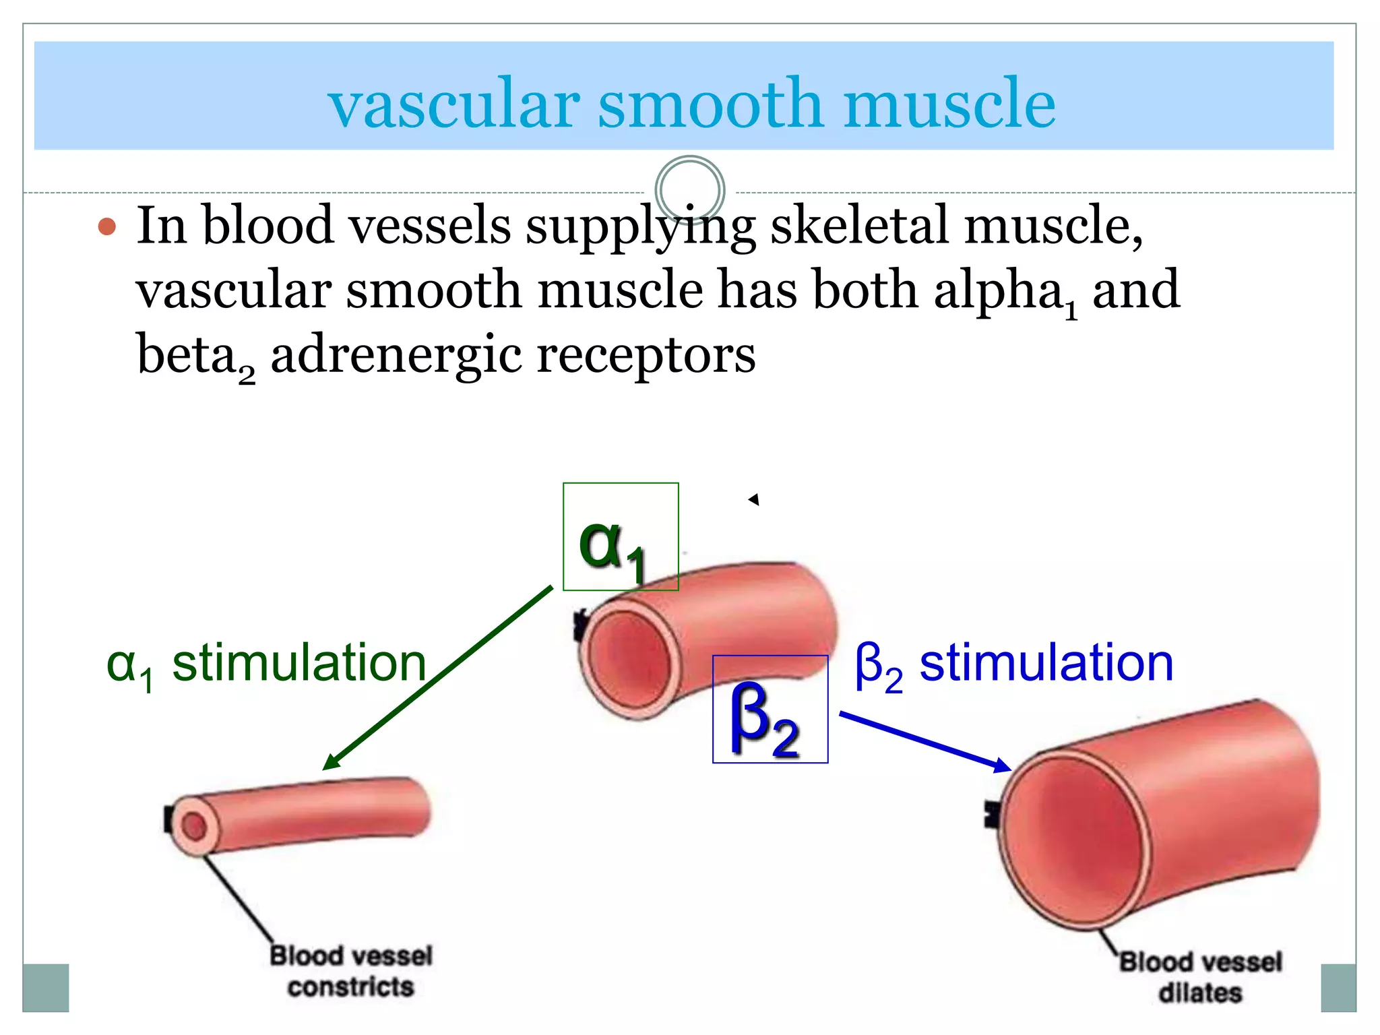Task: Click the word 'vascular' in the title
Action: [x=453, y=104]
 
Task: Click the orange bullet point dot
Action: [x=107, y=226]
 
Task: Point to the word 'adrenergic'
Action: [x=396, y=356]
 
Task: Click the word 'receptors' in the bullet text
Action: [x=646, y=356]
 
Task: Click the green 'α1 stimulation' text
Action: [x=266, y=664]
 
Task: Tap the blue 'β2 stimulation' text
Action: [x=1013, y=664]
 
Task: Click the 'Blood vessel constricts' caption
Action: [x=350, y=971]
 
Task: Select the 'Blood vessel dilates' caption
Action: [x=1200, y=976]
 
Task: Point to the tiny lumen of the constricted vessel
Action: [x=195, y=826]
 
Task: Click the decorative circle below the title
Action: [x=689, y=190]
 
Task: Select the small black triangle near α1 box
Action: [x=754, y=499]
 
